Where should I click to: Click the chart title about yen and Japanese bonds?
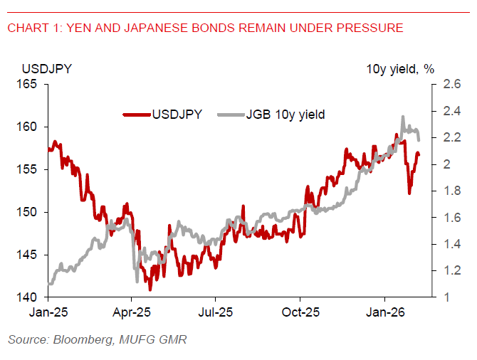click(205, 28)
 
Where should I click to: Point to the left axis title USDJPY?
click(46, 69)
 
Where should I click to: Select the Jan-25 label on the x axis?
click(47, 312)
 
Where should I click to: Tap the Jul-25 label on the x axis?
click(216, 312)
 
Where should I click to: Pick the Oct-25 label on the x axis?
click(300, 312)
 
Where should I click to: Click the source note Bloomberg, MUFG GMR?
click(97, 340)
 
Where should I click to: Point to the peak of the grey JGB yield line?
click(403, 117)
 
